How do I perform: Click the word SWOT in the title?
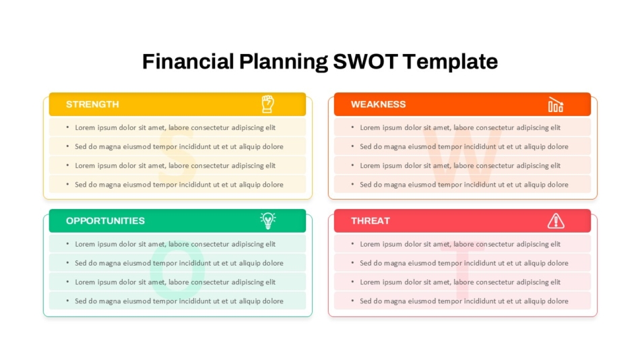click(365, 62)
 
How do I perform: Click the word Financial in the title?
click(188, 62)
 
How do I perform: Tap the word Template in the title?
click(450, 62)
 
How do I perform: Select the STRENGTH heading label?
click(92, 104)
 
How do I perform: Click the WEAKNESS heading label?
click(379, 104)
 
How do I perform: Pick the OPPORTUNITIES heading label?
click(105, 220)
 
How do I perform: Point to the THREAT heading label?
click(371, 220)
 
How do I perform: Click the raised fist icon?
click(267, 104)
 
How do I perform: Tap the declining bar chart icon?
click(556, 104)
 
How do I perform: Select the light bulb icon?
click(267, 220)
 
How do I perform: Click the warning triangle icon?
click(556, 220)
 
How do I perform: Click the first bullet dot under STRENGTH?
click(67, 127)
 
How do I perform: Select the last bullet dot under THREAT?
click(352, 301)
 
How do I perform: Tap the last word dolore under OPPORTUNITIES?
click(273, 301)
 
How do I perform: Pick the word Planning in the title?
click(283, 62)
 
